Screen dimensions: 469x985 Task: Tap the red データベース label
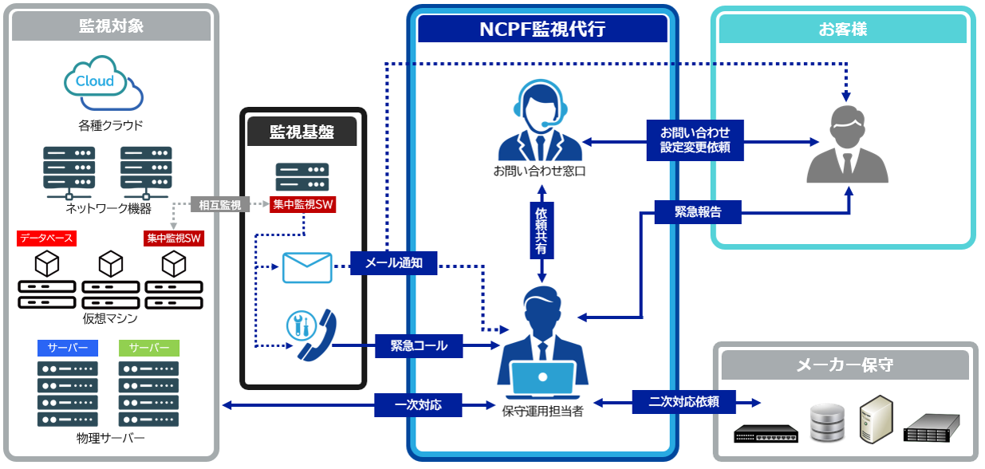(46, 238)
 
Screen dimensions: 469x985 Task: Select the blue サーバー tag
(68, 348)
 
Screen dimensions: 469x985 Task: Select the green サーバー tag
(149, 348)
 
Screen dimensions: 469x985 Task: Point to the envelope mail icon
(307, 268)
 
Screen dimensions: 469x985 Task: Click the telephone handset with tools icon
(310, 335)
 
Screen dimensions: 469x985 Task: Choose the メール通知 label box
(393, 262)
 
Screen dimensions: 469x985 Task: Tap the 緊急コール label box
(419, 346)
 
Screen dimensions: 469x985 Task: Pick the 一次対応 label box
(418, 405)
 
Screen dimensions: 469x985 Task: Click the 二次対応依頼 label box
(684, 401)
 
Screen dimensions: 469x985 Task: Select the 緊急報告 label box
(697, 211)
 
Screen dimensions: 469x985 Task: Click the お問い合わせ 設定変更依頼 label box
(695, 139)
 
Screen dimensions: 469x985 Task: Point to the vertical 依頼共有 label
(542, 231)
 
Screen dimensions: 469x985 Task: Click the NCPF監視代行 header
(542, 30)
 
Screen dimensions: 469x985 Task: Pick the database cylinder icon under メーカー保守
(827, 423)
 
